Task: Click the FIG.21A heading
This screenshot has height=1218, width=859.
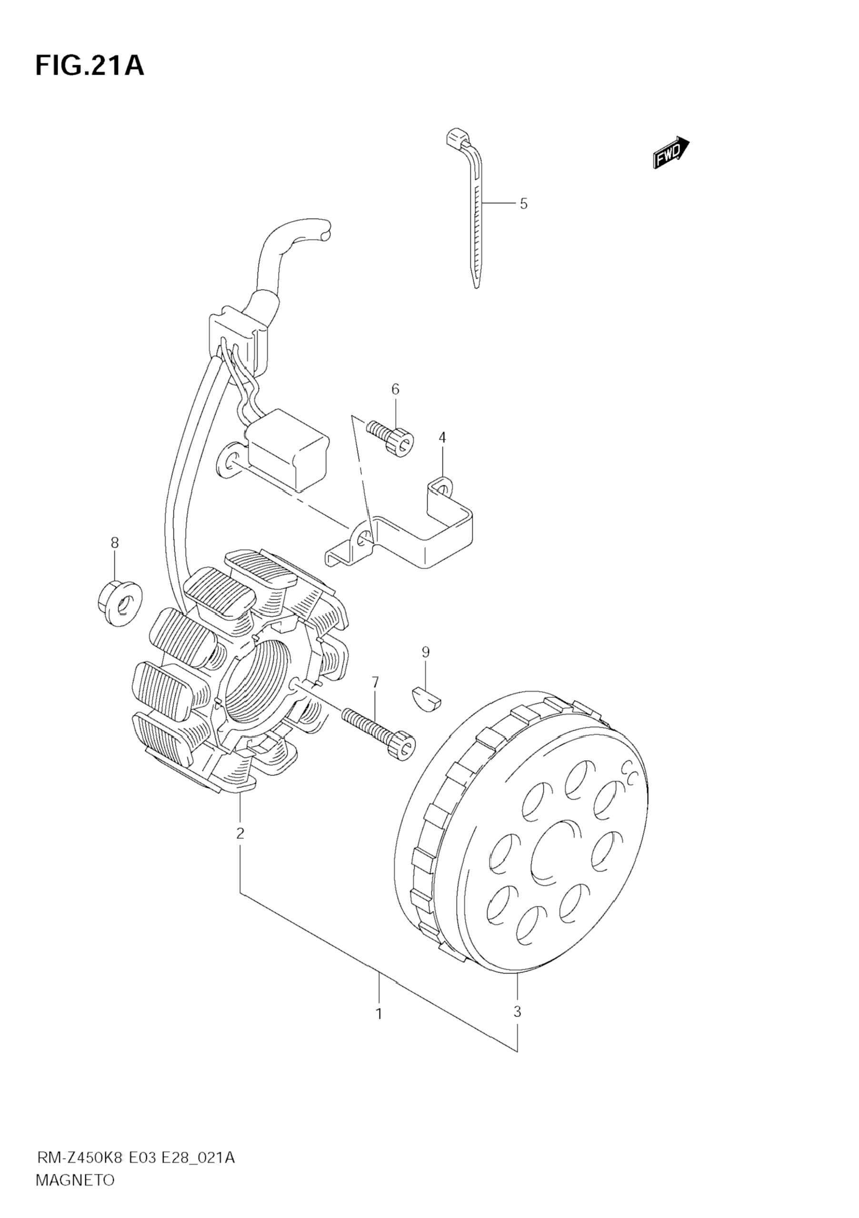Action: [90, 67]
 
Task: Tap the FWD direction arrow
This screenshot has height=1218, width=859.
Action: [671, 153]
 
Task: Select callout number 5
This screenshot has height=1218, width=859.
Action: [523, 204]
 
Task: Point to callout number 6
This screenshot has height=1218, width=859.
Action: [396, 389]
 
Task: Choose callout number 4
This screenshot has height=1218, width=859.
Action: [442, 438]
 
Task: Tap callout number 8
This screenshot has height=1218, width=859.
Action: [115, 543]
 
